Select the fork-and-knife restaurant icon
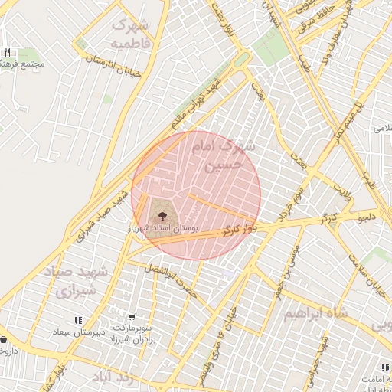pos(7,52)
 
